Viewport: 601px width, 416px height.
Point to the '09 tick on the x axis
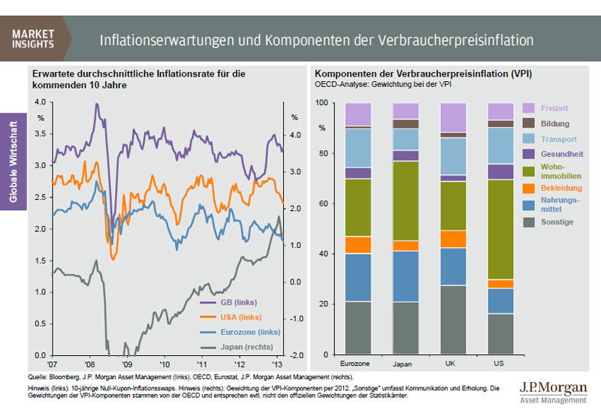pos(126,362)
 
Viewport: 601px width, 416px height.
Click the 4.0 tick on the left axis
pos(40,102)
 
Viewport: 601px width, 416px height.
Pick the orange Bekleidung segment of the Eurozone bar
pos(358,245)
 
